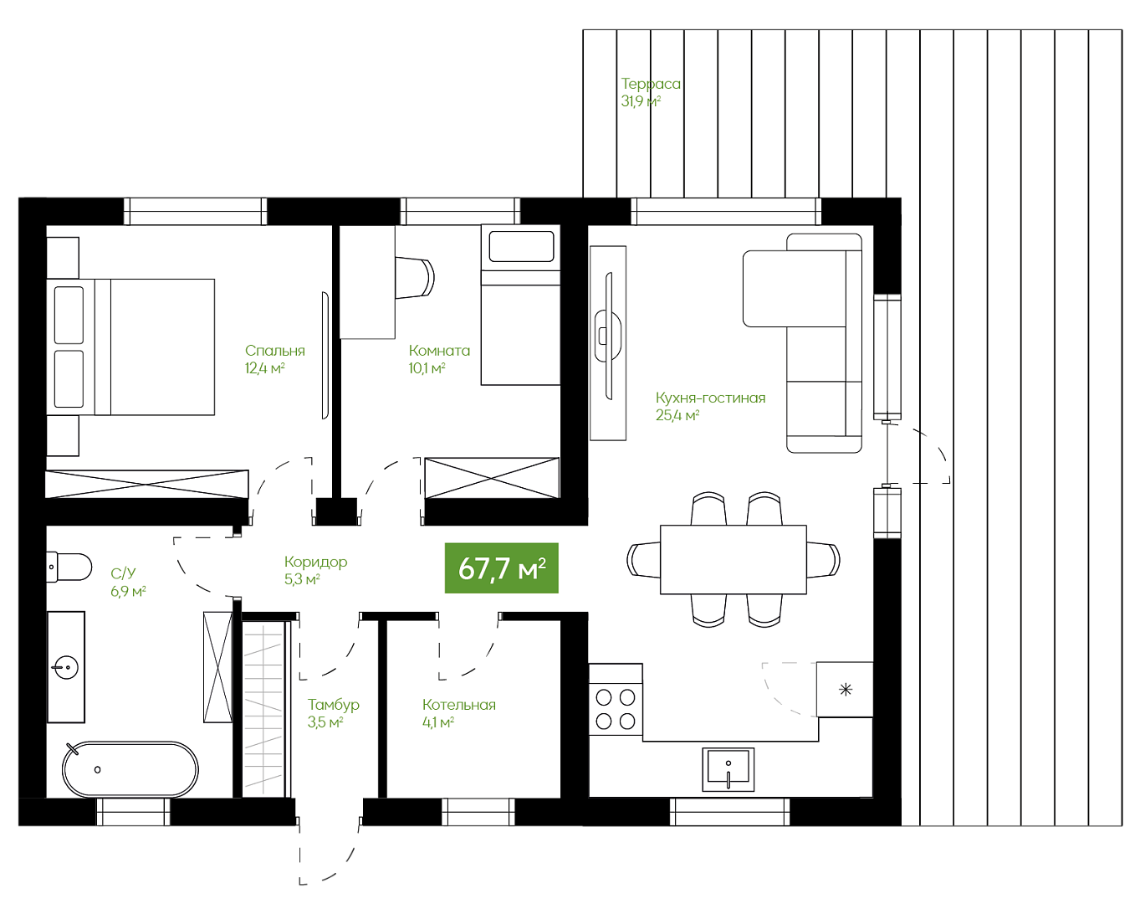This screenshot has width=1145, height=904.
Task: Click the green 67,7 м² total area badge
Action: [x=501, y=568]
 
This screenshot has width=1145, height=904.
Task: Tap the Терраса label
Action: [x=651, y=85]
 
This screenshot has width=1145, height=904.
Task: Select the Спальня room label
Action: [x=274, y=351]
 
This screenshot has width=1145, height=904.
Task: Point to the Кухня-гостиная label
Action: [x=710, y=398]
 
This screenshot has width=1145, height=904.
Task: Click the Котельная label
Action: [x=458, y=705]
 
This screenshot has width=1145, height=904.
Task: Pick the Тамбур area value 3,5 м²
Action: [x=325, y=722]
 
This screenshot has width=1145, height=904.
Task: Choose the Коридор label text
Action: [x=315, y=562]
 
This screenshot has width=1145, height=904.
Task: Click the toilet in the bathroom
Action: [x=69, y=567]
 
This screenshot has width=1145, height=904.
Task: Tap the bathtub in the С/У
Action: [x=130, y=769]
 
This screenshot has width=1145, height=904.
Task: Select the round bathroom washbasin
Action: [x=66, y=667]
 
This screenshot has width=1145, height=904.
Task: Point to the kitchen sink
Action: [x=728, y=769]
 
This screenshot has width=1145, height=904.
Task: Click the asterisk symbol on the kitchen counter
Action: [x=846, y=690]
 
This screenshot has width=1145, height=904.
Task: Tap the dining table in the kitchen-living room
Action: [x=734, y=559]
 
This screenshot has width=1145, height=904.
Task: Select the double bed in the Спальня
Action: [x=130, y=347]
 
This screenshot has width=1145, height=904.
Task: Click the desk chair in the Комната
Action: [x=415, y=278]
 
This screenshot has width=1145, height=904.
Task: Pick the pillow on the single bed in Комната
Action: [x=521, y=246]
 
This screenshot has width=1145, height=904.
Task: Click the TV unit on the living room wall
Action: [x=608, y=343]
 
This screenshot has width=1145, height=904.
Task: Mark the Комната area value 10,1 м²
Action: [x=427, y=368]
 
